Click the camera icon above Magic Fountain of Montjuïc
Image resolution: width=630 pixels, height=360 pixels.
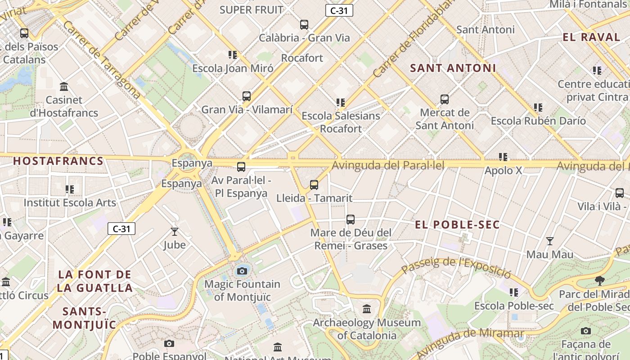pyautogui.click(x=242, y=271)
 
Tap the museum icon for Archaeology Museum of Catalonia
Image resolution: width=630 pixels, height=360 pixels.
pyautogui.click(x=367, y=309)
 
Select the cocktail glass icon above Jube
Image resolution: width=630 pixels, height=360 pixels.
pyautogui.click(x=175, y=232)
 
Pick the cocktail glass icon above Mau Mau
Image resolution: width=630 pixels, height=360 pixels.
pyautogui.click(x=549, y=241)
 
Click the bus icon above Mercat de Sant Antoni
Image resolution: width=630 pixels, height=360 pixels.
pyautogui.click(x=445, y=99)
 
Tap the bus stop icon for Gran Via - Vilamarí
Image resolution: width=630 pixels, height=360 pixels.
pyautogui.click(x=247, y=96)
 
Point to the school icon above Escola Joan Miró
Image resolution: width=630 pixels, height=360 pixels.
pyautogui.click(x=233, y=55)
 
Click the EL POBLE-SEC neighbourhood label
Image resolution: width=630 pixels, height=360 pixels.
pyautogui.click(x=457, y=225)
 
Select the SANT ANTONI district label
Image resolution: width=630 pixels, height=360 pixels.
pyautogui.click(x=453, y=68)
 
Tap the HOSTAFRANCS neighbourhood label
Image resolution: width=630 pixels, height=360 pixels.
pyautogui.click(x=58, y=161)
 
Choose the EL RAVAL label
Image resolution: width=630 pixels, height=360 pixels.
pyautogui.click(x=592, y=37)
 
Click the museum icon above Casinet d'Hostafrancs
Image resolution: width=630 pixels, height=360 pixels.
pyautogui.click(x=64, y=86)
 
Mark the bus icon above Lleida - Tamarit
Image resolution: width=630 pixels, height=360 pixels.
pyautogui.click(x=314, y=184)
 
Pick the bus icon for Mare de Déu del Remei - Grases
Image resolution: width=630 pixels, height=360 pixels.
pyautogui.click(x=351, y=220)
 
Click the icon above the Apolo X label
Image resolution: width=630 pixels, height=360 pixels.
pyautogui.click(x=503, y=157)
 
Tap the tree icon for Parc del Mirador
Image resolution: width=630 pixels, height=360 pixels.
pyautogui.click(x=599, y=281)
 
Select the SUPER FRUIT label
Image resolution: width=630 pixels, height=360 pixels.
pyautogui.click(x=252, y=9)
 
